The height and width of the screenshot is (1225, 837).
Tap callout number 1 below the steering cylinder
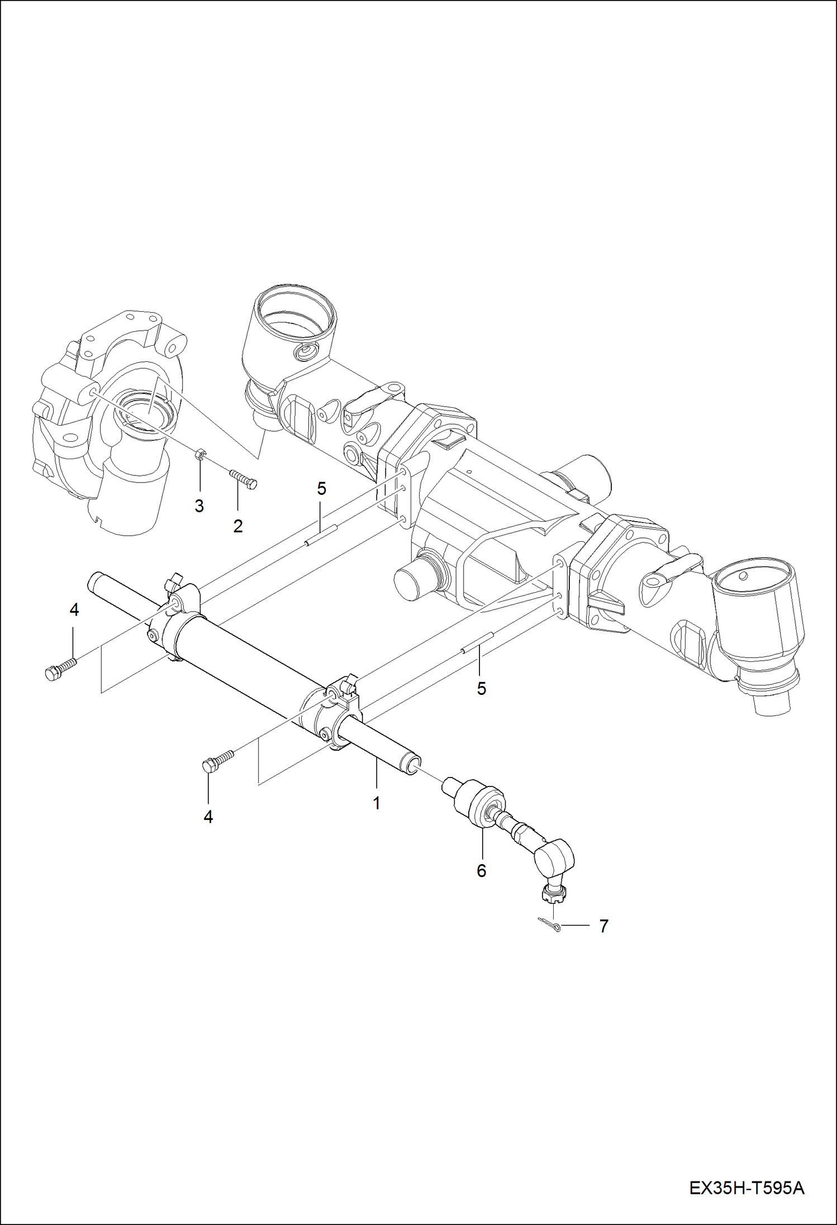point(377,803)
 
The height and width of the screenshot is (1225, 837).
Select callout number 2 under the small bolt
point(238,526)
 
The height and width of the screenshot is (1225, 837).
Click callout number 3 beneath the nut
point(199,507)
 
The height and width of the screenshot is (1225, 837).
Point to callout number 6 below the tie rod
point(481,871)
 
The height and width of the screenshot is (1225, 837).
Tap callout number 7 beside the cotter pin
point(603,926)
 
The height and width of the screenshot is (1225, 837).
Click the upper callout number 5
point(321,489)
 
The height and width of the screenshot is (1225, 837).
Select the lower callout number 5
point(481,689)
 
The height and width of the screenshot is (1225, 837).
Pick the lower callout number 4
point(208,817)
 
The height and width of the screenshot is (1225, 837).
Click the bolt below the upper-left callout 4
point(60,669)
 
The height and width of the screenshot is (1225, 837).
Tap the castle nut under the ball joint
point(551,896)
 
